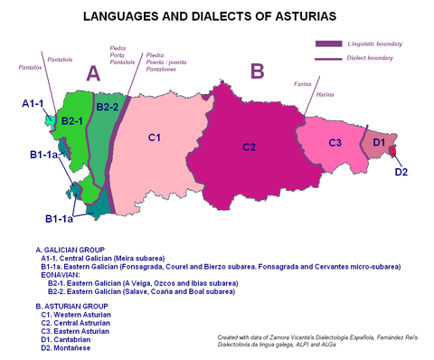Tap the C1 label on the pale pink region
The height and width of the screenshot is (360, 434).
coord(154,137)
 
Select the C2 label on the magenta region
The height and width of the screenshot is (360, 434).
coord(250,147)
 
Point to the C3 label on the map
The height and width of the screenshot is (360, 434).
coord(335,143)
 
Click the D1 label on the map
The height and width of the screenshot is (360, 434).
coord(379,143)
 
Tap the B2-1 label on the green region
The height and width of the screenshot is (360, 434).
coord(73,120)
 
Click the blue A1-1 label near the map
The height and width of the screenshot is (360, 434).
coord(33,104)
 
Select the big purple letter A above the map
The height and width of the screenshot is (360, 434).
coord(92,75)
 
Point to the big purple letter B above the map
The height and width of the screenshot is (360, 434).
coord(257,71)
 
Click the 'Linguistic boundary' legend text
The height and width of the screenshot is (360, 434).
coord(373,43)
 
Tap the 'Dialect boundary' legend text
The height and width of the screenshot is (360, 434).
coord(370,59)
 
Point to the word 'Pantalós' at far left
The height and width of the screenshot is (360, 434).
coord(30,67)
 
